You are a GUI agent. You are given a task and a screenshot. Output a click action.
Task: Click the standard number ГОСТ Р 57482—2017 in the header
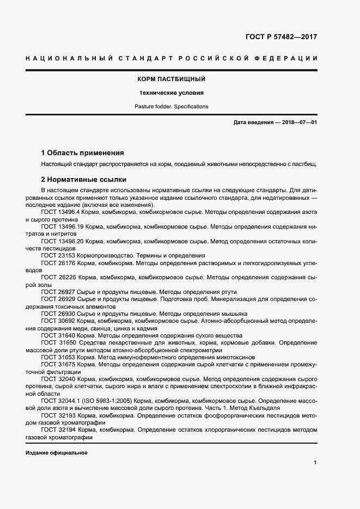278,37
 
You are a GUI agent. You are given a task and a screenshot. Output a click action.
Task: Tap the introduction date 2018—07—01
298,122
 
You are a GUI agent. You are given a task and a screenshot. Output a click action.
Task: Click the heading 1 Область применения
83,153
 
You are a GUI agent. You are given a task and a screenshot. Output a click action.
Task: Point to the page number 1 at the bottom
315,462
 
